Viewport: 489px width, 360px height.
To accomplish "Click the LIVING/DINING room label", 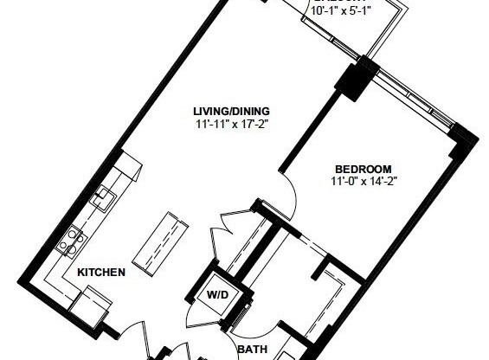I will [231, 111].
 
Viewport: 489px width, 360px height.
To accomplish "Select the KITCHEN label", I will [102, 272].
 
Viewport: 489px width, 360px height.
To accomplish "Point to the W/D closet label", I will [216, 294].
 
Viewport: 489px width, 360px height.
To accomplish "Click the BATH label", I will [252, 350].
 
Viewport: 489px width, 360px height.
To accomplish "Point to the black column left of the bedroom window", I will [356, 79].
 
